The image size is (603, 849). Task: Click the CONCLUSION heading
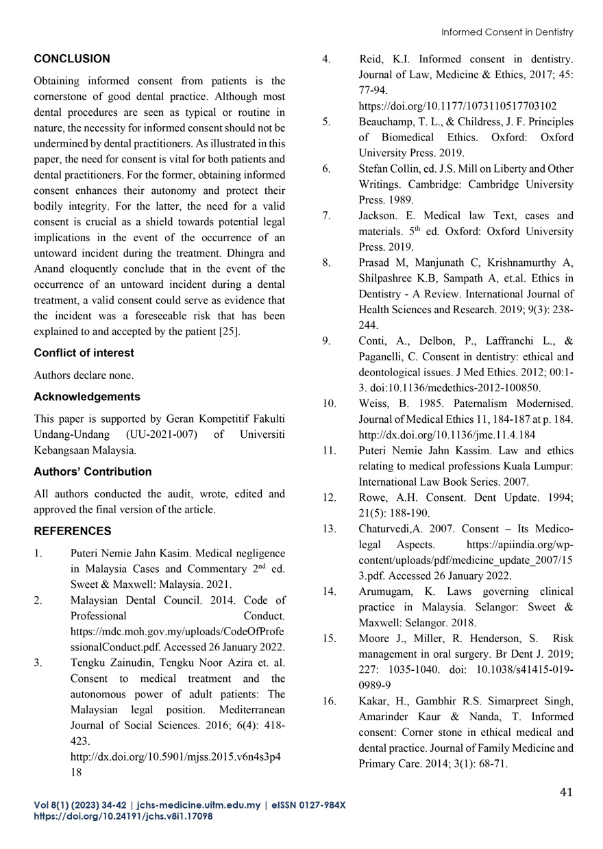[x=72, y=59]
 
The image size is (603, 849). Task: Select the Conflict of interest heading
[x=84, y=353]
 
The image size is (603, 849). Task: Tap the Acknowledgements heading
[x=87, y=397]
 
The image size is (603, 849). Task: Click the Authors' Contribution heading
[x=93, y=471]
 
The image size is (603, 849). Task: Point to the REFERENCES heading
[x=73, y=531]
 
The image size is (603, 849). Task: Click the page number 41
[x=566, y=792]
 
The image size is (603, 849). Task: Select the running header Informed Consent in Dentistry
[x=506, y=32]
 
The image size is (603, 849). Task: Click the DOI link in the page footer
[x=123, y=817]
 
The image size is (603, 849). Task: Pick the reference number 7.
[x=327, y=216]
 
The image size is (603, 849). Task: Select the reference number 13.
[x=330, y=528]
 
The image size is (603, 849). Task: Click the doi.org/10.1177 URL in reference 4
[x=457, y=106]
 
